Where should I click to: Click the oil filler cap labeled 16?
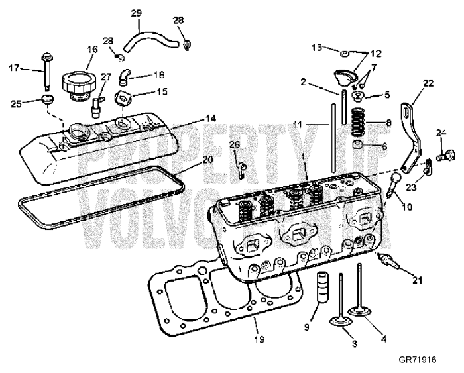(x=78, y=85)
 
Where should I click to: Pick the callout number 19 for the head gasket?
(x=259, y=340)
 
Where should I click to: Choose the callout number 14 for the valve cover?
(x=210, y=118)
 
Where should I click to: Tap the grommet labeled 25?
(x=47, y=101)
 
